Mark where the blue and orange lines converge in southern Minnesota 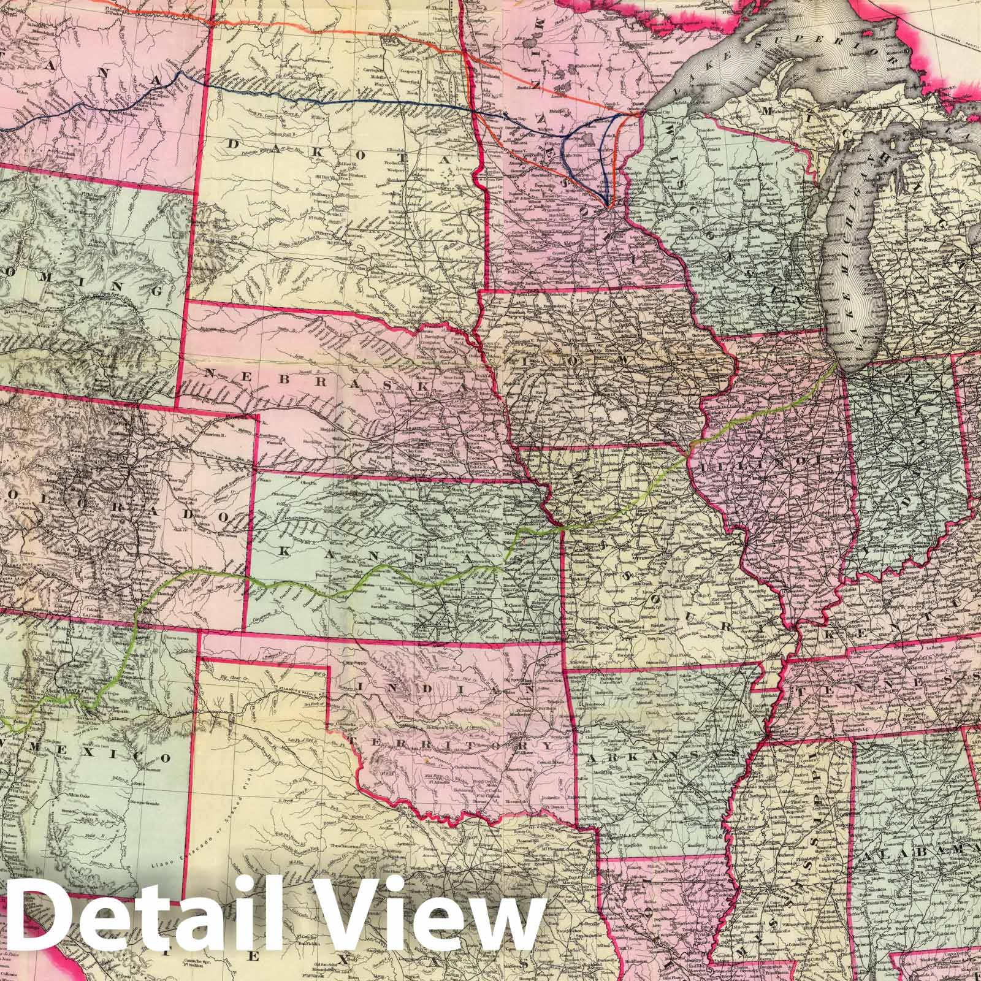pyautogui.click(x=607, y=204)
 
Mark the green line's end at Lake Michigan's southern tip pyautogui.click(x=838, y=364)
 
